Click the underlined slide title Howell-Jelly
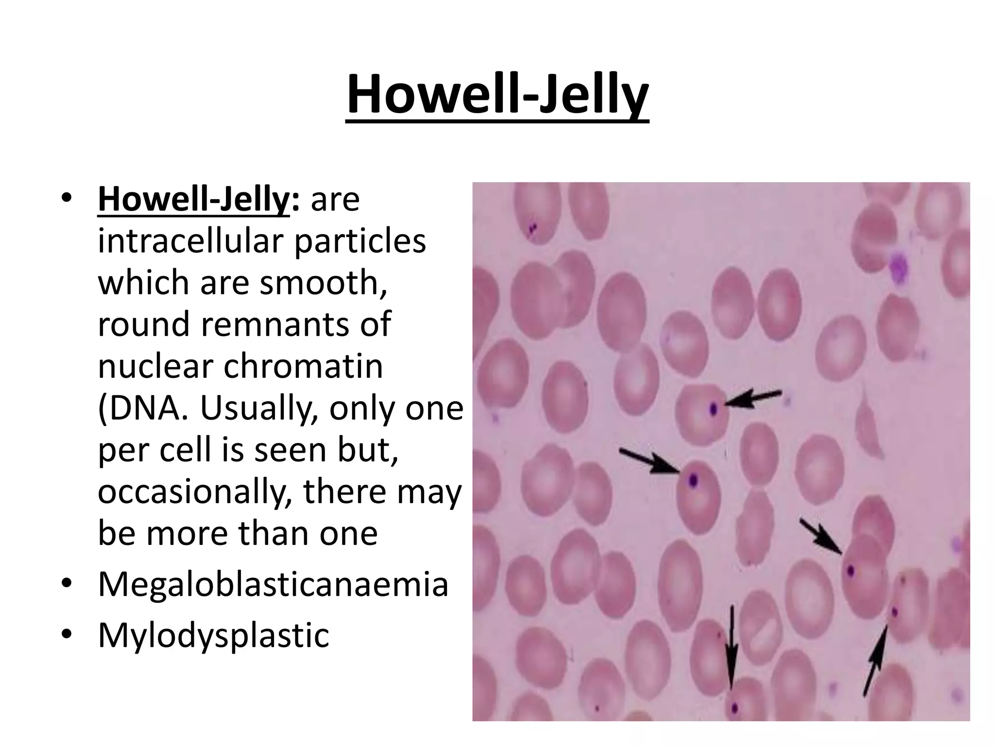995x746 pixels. tap(497, 95)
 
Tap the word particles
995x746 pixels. tap(360, 241)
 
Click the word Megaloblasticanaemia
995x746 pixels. tap(273, 584)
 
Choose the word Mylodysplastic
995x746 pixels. tap(214, 635)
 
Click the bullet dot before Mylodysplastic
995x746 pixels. tap(67, 633)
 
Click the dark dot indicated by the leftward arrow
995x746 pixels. tap(713, 409)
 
